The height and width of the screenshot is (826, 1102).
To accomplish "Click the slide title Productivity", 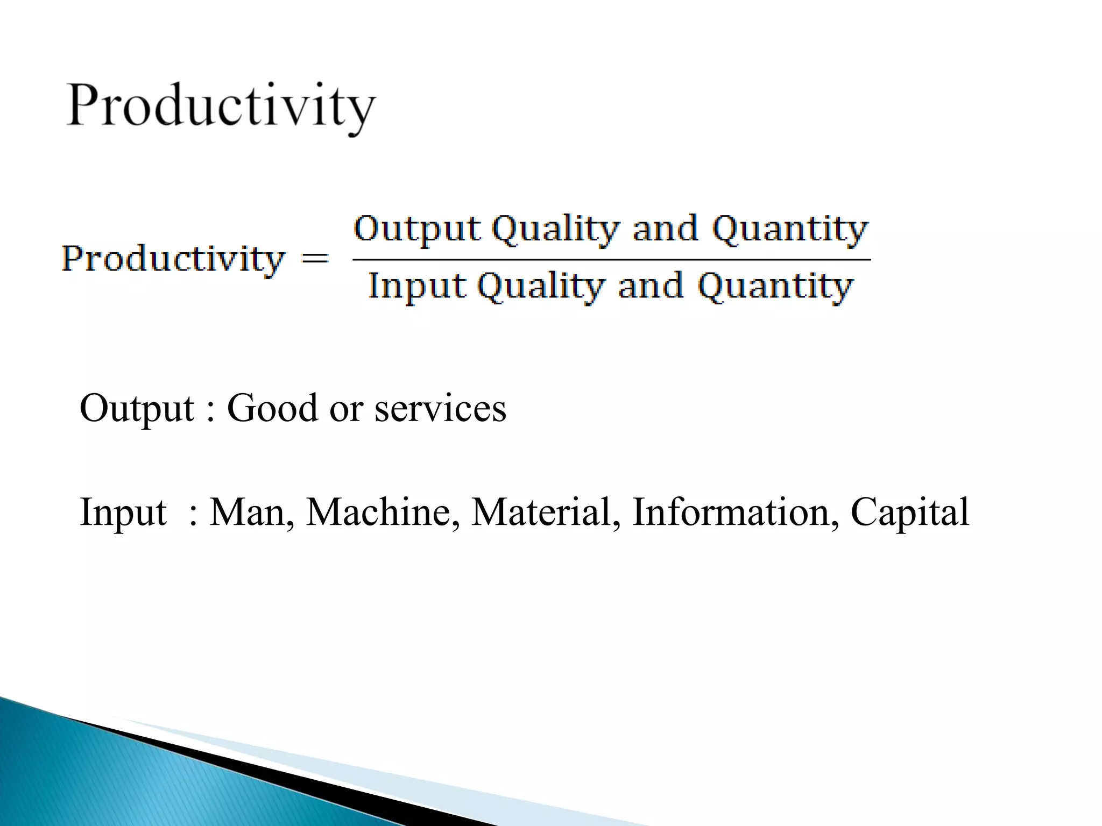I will click(x=221, y=105).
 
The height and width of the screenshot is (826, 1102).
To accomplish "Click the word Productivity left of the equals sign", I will click(x=172, y=259).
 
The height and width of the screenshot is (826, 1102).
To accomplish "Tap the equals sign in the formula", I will click(x=315, y=259).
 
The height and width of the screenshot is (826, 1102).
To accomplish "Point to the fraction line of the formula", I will click(x=611, y=260).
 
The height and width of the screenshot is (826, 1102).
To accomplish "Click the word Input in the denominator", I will click(x=417, y=286).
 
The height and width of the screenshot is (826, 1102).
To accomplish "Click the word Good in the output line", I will click(x=272, y=408).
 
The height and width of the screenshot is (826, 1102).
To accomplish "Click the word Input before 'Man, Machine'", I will click(x=123, y=512).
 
